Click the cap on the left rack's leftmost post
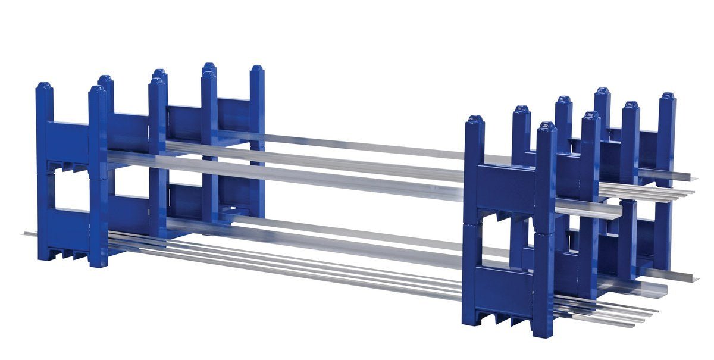(44, 87)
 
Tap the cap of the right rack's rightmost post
(668, 96)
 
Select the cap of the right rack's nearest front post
(547, 127)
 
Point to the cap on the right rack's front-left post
(474, 120)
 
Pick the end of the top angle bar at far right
(691, 177)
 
